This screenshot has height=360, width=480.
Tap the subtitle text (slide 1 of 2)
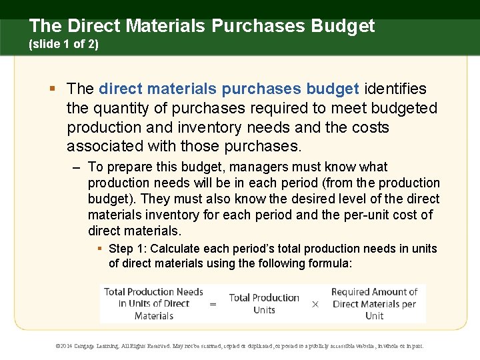(x=63, y=46)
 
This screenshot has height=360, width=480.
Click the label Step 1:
(x=128, y=249)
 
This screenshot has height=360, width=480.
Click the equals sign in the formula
(x=213, y=304)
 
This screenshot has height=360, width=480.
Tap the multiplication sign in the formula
(x=315, y=304)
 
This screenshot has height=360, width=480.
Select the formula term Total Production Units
(x=264, y=304)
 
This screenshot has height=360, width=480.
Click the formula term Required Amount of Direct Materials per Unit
(x=374, y=304)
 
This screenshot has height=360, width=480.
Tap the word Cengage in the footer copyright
(x=87, y=346)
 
